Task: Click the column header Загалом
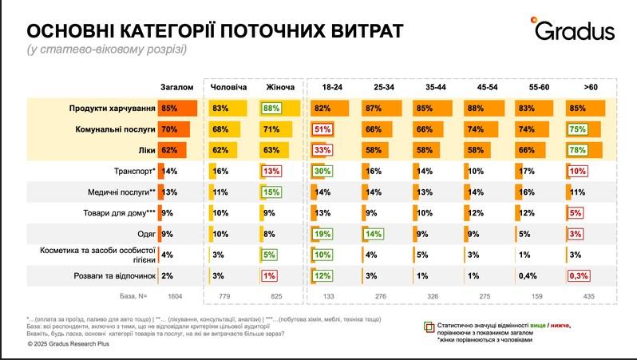(x=176, y=85)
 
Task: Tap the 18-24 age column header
(x=331, y=85)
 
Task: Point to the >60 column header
(x=590, y=85)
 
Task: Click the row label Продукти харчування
(x=112, y=107)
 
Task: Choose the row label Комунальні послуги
(x=114, y=128)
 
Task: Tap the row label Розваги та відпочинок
(x=111, y=276)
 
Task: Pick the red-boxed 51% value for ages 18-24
(x=322, y=128)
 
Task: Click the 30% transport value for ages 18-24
(x=322, y=170)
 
